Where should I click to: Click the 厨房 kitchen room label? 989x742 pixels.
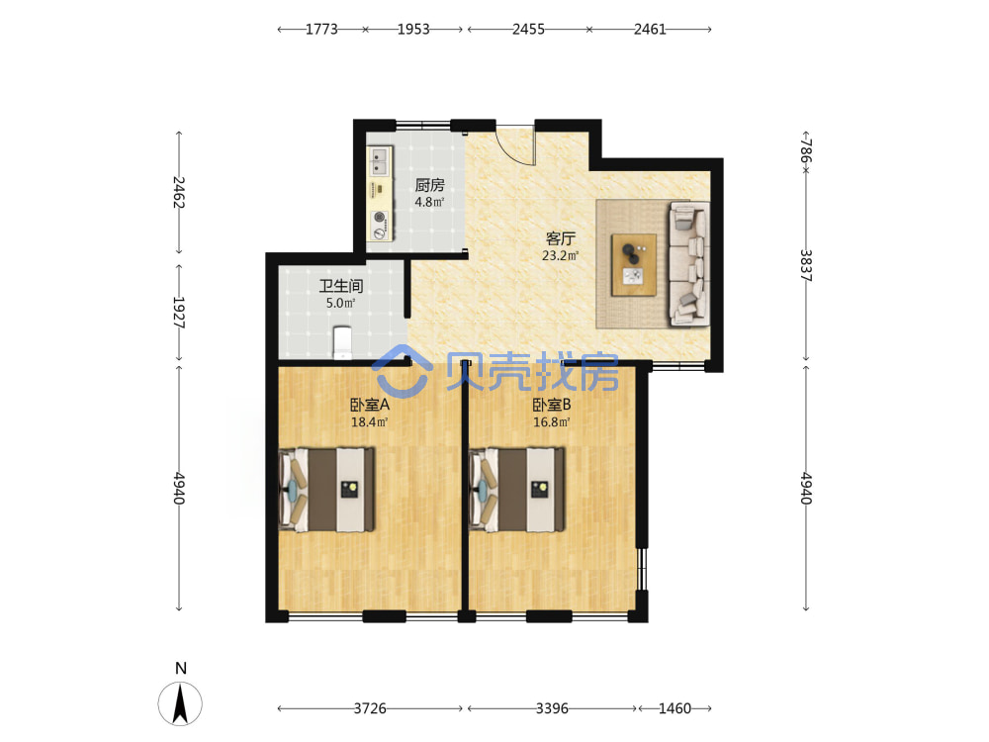tap(429, 185)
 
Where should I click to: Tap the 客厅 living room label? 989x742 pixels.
tap(560, 238)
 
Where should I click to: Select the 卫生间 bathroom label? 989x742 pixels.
tap(340, 286)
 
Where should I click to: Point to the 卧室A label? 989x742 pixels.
tap(370, 405)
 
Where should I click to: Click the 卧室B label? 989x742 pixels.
tap(552, 405)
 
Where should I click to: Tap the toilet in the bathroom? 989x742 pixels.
tap(342, 342)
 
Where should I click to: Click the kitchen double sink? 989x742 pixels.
tap(379, 161)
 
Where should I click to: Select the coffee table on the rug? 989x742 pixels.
tap(634, 264)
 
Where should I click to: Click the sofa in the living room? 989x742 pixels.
tap(688, 264)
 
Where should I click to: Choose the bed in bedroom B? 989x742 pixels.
tap(516, 490)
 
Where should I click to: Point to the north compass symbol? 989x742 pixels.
tap(180, 702)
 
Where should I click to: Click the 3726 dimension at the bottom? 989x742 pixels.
tap(370, 708)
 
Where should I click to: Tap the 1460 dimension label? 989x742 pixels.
tap(674, 708)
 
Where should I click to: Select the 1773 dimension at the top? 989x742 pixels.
tap(321, 29)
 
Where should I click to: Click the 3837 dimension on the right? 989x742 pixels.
tap(806, 265)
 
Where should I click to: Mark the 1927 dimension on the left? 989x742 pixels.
tap(178, 313)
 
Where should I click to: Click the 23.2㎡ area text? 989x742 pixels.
tap(560, 255)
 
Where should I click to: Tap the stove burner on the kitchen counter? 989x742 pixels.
tap(379, 217)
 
